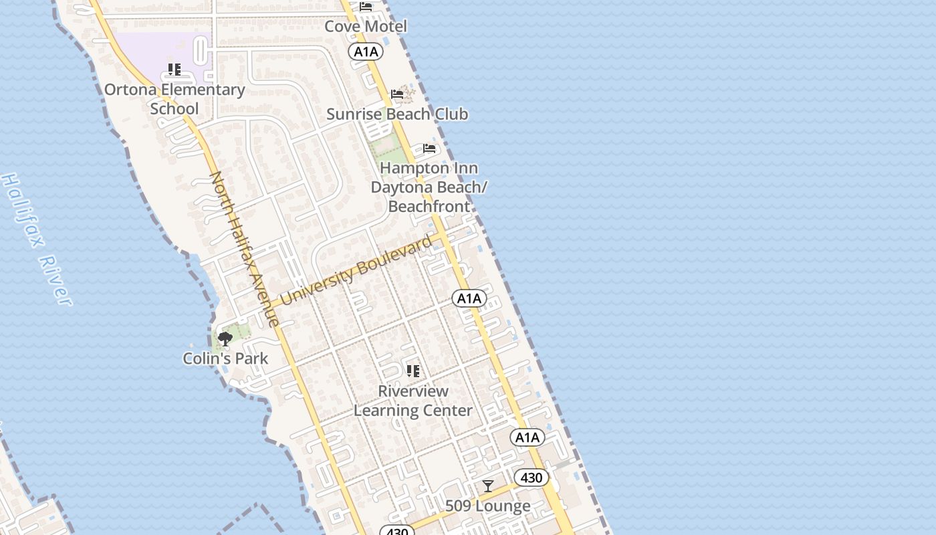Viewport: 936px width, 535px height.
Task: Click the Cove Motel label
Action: point(366,27)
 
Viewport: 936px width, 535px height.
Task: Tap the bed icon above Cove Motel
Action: point(366,7)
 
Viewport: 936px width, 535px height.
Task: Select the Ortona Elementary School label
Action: point(174,99)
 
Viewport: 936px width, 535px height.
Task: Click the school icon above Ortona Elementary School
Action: point(174,70)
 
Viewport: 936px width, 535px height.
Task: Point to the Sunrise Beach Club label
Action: point(397,114)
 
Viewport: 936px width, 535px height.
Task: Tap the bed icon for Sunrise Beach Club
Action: point(397,94)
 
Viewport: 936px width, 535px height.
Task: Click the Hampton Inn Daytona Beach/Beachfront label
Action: point(429,187)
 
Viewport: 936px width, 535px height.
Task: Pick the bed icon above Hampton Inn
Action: point(429,148)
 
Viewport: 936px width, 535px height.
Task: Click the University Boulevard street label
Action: point(356,271)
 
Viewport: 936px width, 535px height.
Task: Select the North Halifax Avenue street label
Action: point(245,249)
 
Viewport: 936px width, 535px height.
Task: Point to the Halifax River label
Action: point(36,239)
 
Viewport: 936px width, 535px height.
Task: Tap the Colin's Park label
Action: point(225,358)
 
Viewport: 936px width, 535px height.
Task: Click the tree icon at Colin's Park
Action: point(225,339)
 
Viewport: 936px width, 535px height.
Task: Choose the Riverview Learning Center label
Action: point(413,401)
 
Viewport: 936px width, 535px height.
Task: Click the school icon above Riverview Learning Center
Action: point(413,370)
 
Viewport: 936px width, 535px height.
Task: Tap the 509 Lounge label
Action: point(488,506)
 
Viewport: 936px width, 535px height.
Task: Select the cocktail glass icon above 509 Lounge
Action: point(488,486)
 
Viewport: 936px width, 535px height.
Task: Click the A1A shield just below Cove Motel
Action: point(366,51)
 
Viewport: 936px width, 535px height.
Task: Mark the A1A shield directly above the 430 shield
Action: point(528,437)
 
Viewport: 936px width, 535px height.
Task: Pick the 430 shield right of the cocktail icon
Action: point(532,477)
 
